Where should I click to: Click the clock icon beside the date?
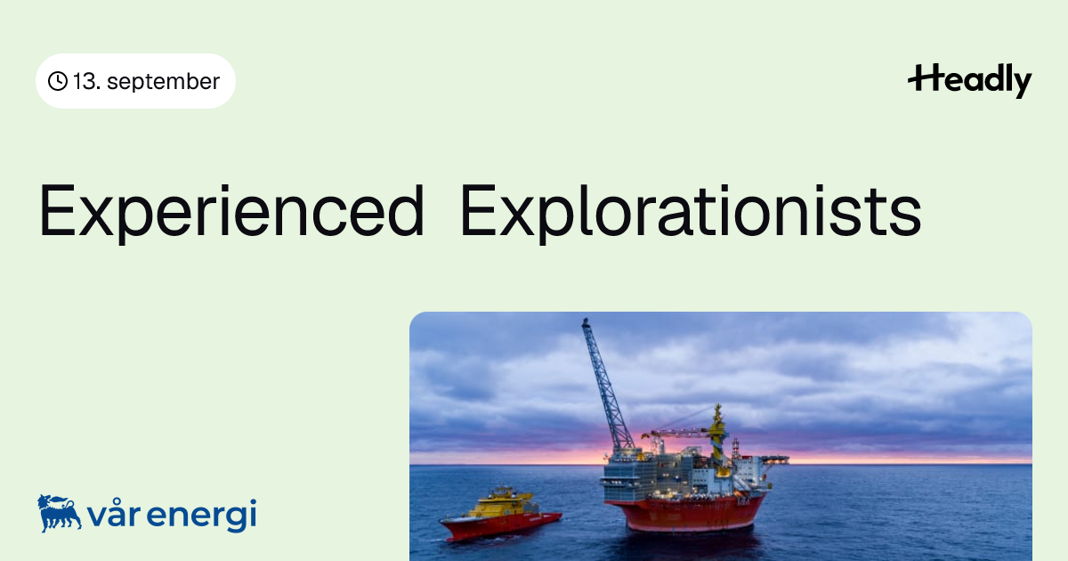(x=58, y=81)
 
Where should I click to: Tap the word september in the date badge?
(x=163, y=82)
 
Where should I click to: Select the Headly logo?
(x=970, y=80)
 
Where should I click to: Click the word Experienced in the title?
(x=231, y=211)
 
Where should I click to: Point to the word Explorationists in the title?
(x=691, y=211)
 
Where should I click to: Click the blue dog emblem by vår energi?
(x=59, y=513)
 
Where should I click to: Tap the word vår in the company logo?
(x=114, y=513)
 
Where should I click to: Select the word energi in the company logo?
(x=202, y=516)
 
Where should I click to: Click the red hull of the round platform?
(x=685, y=513)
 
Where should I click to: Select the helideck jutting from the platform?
(x=774, y=459)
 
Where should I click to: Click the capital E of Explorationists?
(x=478, y=210)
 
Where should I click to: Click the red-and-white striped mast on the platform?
(x=736, y=450)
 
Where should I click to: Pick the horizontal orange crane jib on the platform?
(x=677, y=433)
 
